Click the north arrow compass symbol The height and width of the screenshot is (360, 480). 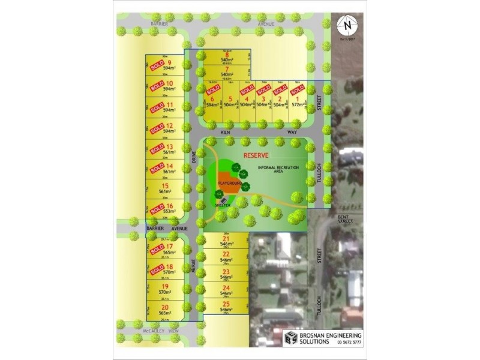[347, 25]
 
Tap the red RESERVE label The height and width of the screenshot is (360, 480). [254, 155]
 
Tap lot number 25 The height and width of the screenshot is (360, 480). [226, 304]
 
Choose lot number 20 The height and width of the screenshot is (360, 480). [164, 307]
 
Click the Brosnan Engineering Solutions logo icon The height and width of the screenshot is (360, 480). [290, 338]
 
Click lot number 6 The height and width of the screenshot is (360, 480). [212, 99]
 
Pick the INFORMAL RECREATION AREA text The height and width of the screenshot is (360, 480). [278, 169]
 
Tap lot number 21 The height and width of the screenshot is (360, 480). [226, 239]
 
